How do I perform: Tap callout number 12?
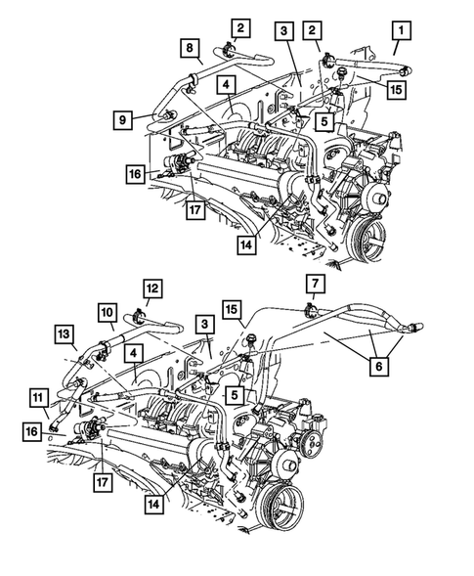coord(153,288)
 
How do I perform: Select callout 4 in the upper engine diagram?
coord(226,87)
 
